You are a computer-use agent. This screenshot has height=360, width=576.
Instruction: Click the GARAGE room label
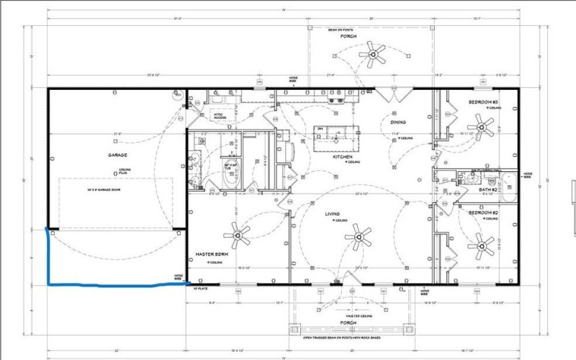tap(117, 155)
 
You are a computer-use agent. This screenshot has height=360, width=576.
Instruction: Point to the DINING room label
tap(398, 123)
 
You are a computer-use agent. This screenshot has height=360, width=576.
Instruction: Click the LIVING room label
tap(332, 213)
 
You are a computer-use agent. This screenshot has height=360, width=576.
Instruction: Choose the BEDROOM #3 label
tap(483, 103)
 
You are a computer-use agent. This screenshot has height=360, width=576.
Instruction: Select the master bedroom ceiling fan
tap(237, 232)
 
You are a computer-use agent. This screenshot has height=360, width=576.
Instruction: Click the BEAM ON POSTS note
tap(342, 30)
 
